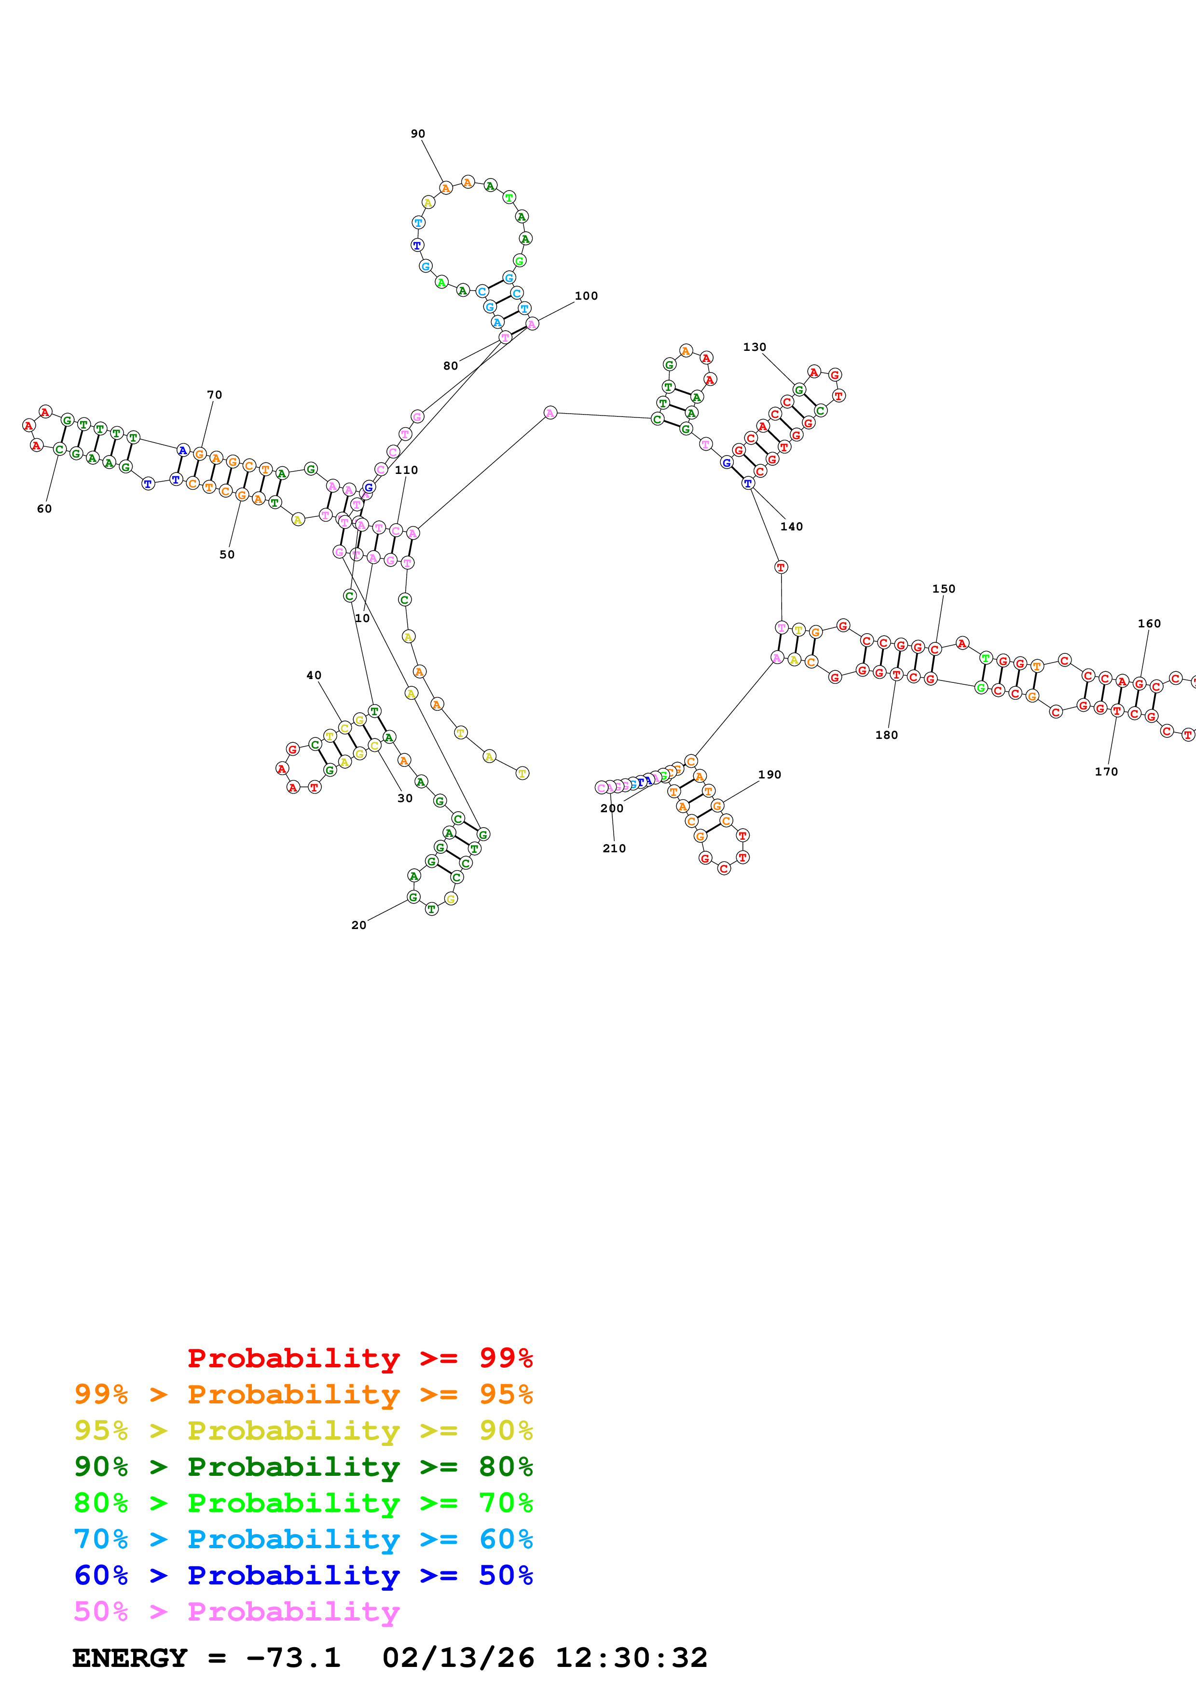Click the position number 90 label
click(418, 134)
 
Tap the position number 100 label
click(586, 296)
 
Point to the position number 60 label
click(44, 508)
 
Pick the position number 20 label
click(358, 925)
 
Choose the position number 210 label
click(614, 848)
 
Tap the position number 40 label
click(314, 675)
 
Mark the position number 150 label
click(943, 588)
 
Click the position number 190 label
click(770, 774)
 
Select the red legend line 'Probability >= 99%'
click(359, 1358)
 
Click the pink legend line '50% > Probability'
click(236, 1611)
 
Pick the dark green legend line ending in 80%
click(303, 1467)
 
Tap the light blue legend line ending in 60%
click(303, 1539)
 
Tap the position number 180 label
click(886, 735)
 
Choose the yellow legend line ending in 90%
click(303, 1430)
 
